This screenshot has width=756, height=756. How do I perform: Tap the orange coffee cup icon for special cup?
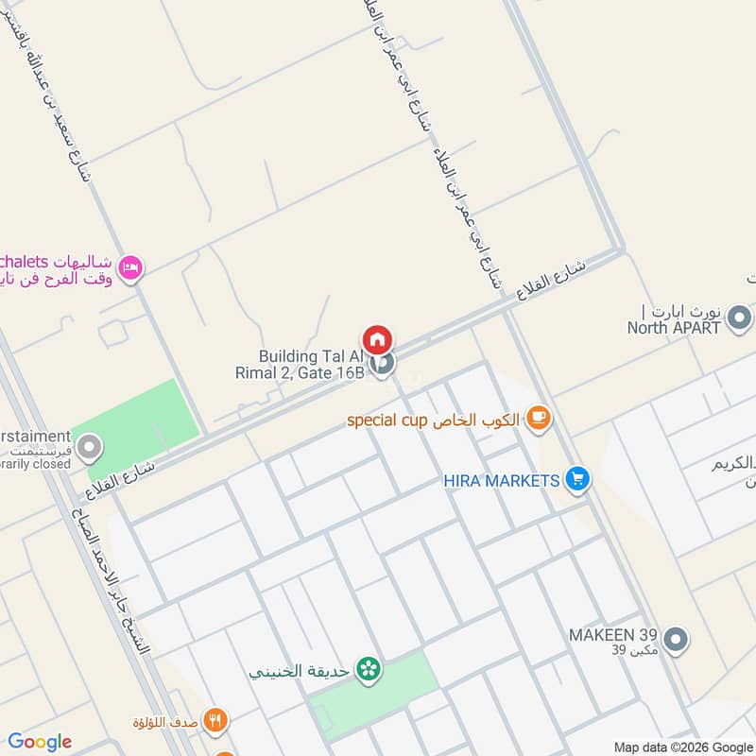tap(539, 417)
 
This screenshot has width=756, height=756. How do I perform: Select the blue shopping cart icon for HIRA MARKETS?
tap(578, 480)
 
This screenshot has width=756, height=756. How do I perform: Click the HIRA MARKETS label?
tap(502, 481)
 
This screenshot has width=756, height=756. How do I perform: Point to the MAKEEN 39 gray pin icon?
tap(676, 640)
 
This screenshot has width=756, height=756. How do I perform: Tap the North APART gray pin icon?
tap(740, 318)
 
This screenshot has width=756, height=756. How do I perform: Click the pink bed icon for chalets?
tap(131, 269)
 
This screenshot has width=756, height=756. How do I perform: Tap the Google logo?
tap(40, 742)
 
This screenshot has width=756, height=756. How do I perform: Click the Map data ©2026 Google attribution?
tap(685, 747)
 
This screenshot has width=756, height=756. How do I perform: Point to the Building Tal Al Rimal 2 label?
tap(311, 364)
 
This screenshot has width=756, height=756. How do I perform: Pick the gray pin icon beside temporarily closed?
tap(89, 448)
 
